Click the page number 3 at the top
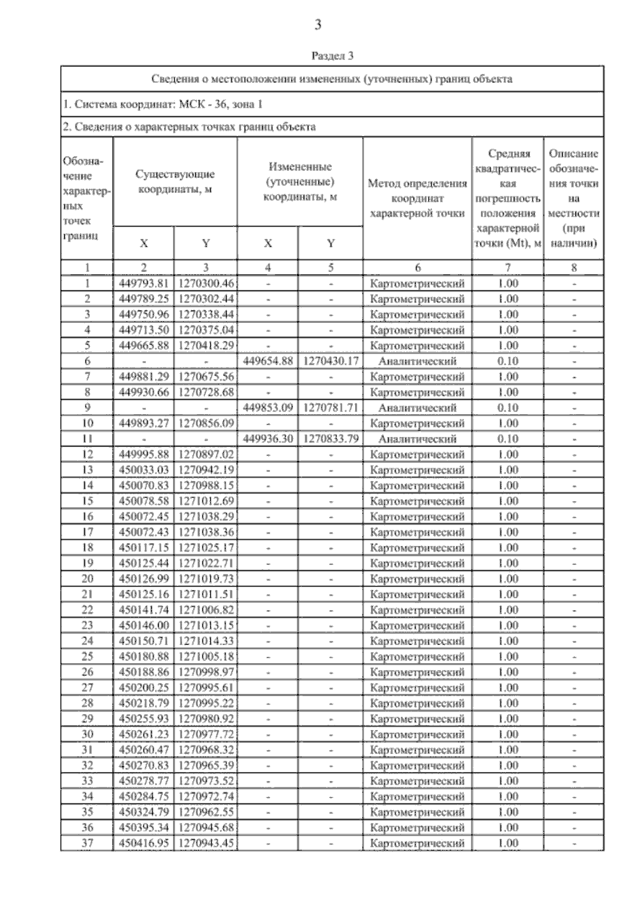[318, 24]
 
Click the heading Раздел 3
[332, 56]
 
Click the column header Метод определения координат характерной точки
[417, 199]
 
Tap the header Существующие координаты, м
[175, 182]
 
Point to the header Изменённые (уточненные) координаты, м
[300, 182]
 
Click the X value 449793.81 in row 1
[143, 284]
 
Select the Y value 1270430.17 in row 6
[331, 361]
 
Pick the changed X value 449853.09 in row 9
[268, 408]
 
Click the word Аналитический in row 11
[417, 439]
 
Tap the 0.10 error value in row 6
[507, 361]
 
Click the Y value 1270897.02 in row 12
[206, 454]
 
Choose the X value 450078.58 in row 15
[143, 501]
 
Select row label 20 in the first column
[87, 579]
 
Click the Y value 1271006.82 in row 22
[206, 610]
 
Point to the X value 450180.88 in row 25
[143, 657]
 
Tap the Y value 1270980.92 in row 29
[206, 719]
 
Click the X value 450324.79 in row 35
[143, 812]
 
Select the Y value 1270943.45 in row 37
[206, 843]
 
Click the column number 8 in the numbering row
[573, 268]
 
